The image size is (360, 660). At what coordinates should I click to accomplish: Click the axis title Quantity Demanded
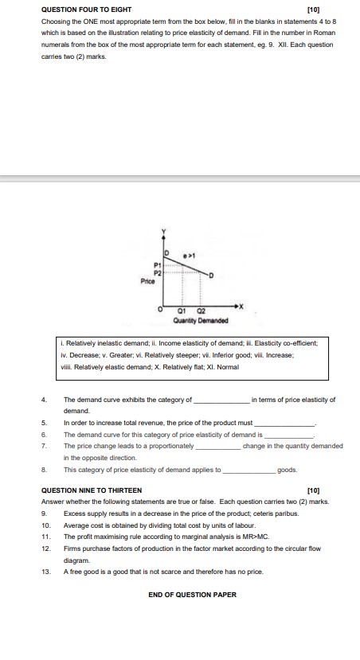tap(199, 321)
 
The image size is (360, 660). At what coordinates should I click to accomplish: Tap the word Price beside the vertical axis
tap(147, 281)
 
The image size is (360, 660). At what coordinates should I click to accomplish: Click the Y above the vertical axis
tap(164, 231)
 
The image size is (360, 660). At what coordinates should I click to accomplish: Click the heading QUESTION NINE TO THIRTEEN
tap(92, 490)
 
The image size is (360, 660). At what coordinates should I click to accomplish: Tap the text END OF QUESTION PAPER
tap(192, 594)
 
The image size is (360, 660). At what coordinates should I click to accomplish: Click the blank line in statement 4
tap(222, 402)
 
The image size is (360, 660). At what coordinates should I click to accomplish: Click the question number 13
tap(46, 572)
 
